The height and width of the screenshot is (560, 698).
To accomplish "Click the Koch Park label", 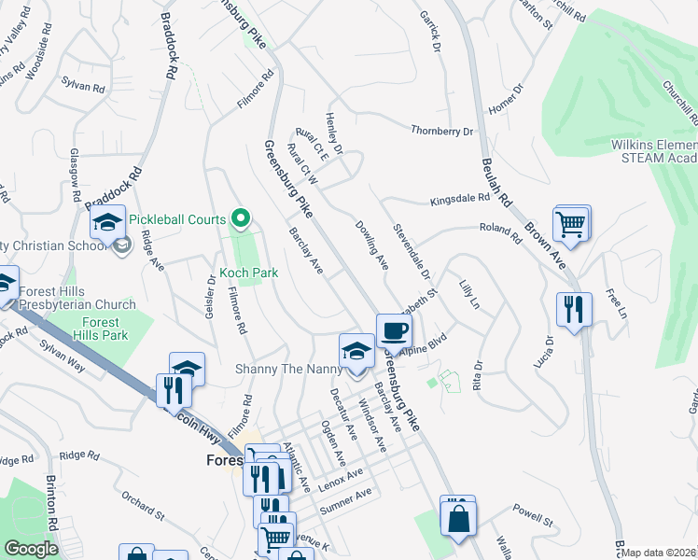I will coord(248,273).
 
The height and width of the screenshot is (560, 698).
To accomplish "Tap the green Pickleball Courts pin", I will coord(241,219).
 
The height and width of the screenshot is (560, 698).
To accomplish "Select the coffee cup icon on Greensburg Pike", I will coord(394,330).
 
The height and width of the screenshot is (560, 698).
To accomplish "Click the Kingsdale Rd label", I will coord(459,199).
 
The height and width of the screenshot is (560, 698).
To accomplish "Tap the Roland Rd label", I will coord(498,228).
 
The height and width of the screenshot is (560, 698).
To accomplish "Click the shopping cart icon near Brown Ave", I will coord(571,223).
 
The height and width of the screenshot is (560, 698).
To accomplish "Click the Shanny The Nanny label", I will coord(289,369).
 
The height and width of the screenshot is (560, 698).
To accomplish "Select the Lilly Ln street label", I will coord(468,292).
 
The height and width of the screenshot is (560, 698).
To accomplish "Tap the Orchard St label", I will coord(142,512).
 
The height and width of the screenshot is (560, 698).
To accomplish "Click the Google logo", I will coord(31,549).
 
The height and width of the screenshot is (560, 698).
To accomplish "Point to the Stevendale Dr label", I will coord(412,251).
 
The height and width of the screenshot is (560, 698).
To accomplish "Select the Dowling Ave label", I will coord(371,245).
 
